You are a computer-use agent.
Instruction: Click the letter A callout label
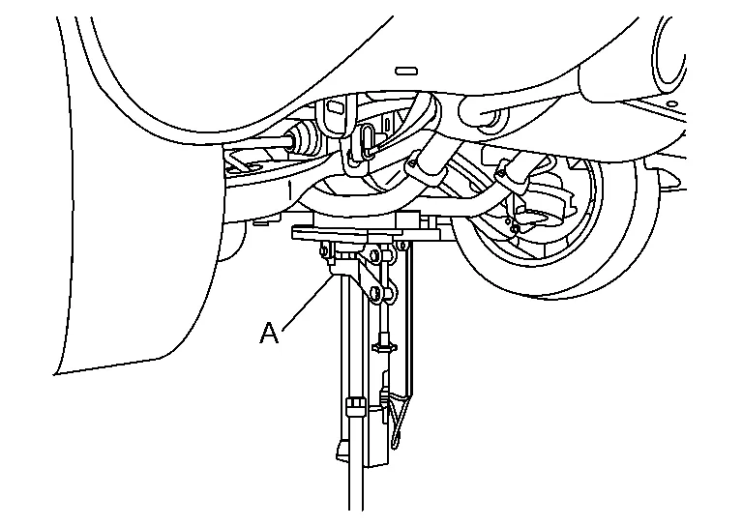(270, 333)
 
